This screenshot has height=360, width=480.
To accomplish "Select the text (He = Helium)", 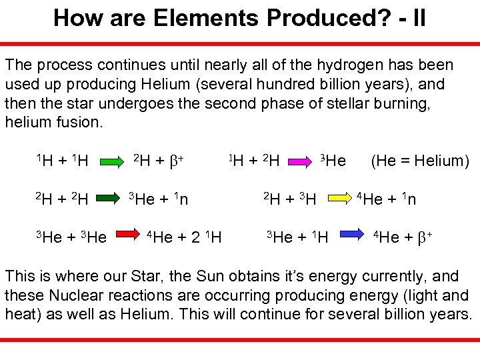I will coord(420,161).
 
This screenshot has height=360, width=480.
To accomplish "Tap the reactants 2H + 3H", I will coord(289,198).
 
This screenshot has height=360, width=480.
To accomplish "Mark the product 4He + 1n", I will coord(387,198).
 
